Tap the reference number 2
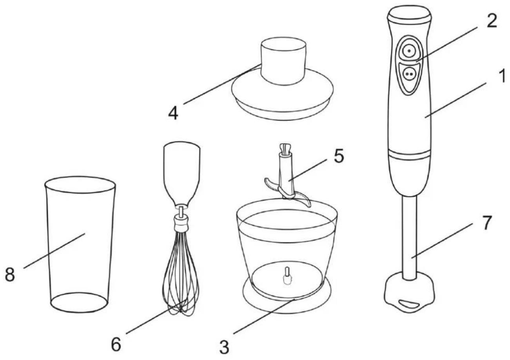[492, 21]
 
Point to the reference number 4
[173, 113]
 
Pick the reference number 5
[339, 156]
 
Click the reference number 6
[116, 344]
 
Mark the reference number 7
[486, 223]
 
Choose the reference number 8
[10, 275]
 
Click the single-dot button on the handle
[409, 51]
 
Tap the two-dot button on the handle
[409, 74]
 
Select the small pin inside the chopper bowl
[287, 276]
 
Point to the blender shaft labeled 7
[409, 238]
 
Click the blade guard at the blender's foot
[409, 293]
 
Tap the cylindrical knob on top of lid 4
[283, 61]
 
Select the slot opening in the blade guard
[409, 304]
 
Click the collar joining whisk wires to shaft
[181, 224]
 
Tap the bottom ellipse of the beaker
[79, 303]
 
